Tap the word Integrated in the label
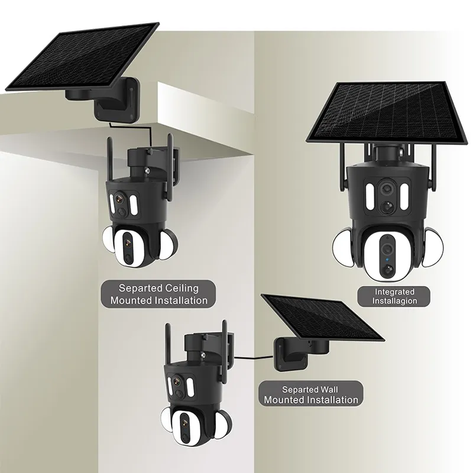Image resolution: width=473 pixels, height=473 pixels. pos(394,291)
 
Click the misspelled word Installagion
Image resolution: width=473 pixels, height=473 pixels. pos(395,301)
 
